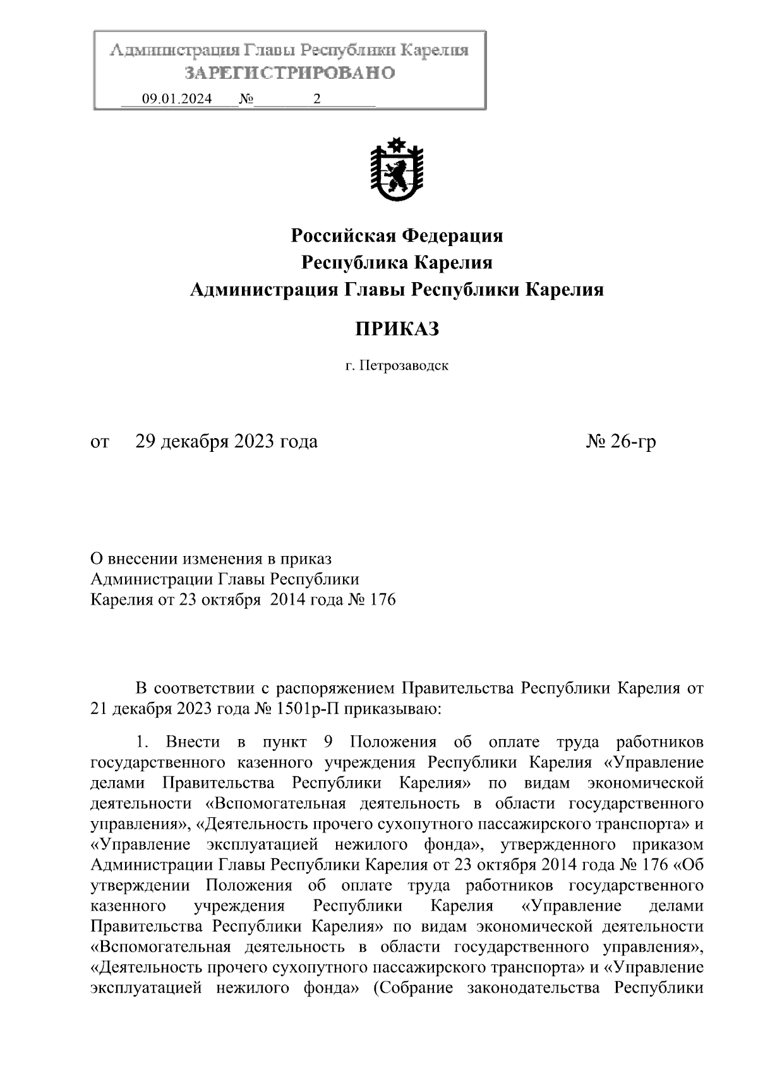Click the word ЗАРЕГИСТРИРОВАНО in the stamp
point(289,73)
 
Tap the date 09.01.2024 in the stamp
point(177,99)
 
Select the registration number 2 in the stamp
point(316,99)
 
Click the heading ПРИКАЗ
point(396,329)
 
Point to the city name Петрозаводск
point(404,365)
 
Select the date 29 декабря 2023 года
point(227,441)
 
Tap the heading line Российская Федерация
point(397,236)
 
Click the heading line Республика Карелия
point(397,263)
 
